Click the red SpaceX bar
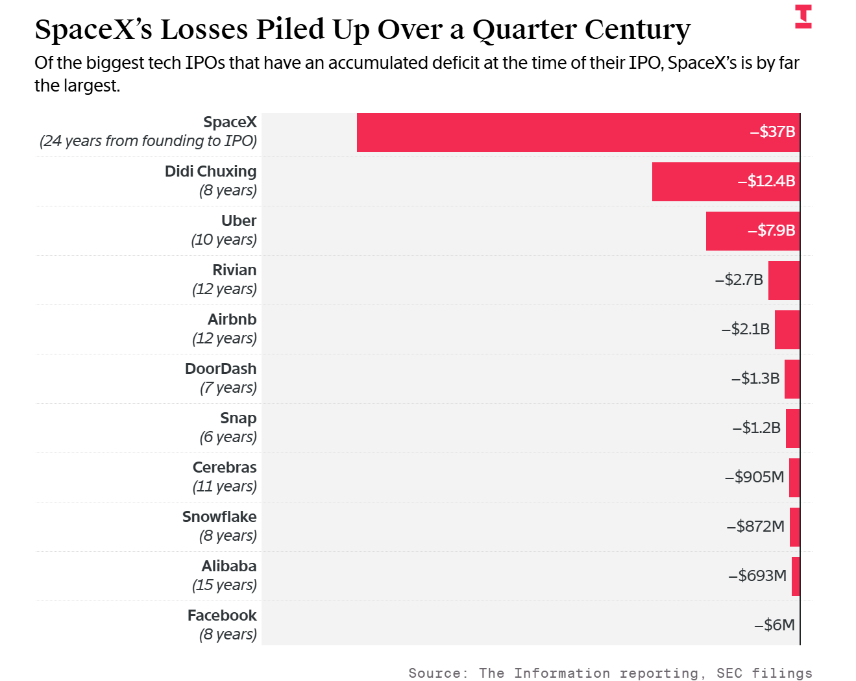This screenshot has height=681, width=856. pos(578,132)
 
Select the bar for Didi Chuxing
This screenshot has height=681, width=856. pos(726,182)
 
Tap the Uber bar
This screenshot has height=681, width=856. pos(753,231)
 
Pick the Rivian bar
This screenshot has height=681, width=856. pos(784,280)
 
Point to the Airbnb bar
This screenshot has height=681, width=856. pos(787,330)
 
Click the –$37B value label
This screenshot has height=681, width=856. pos(772,132)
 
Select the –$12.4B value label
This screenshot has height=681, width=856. pos(766,181)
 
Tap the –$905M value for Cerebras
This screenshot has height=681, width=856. pos(755,477)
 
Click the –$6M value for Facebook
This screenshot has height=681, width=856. pos(774,625)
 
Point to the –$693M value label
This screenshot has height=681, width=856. pos(757,576)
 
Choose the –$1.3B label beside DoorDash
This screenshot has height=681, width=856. pos(755,378)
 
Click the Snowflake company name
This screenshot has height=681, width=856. pos(219,517)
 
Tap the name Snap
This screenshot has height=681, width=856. pos(238,419)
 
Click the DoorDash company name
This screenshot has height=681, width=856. pos(221,369)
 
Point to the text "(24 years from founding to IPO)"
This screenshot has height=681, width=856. pos(149,142)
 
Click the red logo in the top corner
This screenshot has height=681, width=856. pos(803,17)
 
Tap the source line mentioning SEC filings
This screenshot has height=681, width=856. pos(611,673)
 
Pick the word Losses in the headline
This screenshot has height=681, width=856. pos(204,29)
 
